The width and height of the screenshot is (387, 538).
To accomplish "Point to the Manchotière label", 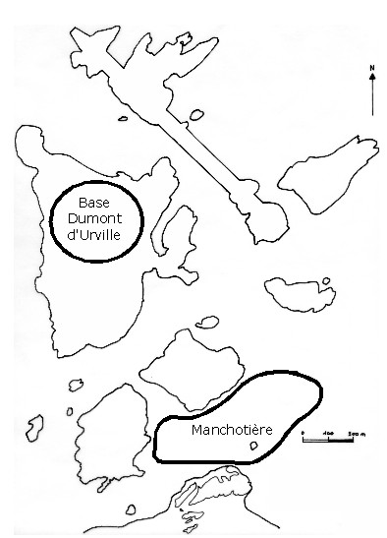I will [232, 431].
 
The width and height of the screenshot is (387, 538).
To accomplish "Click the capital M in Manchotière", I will [198, 431].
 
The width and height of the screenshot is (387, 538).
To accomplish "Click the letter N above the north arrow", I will [372, 68].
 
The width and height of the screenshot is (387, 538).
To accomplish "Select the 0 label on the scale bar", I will [304, 430].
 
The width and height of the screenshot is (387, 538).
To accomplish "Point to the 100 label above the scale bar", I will [327, 430].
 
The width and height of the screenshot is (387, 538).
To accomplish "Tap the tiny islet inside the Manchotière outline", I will [255, 447].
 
